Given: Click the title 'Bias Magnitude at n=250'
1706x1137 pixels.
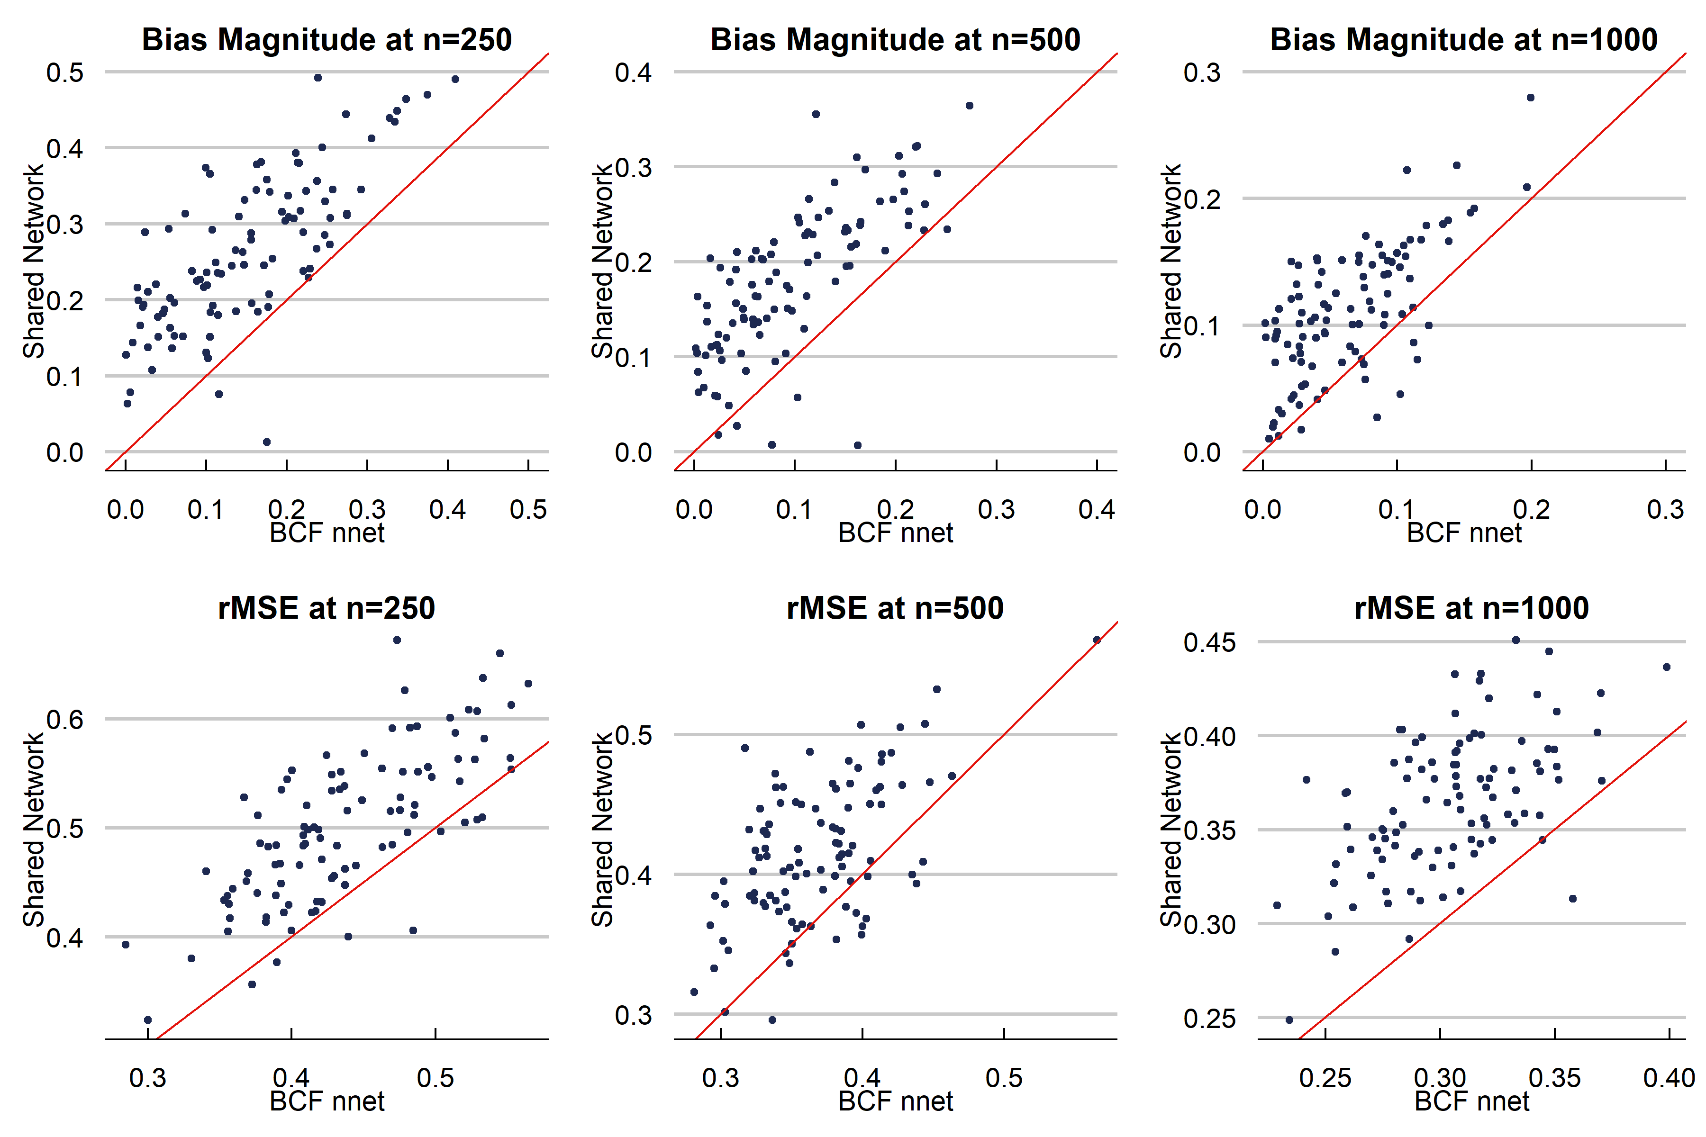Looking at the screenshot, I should pyautogui.click(x=327, y=39).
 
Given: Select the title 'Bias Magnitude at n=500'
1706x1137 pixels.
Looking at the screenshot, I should pyautogui.click(x=895, y=39).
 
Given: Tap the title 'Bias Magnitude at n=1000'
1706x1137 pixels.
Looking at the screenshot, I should pyautogui.click(x=1464, y=39).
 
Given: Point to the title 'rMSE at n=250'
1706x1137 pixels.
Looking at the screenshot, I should pyautogui.click(x=327, y=608).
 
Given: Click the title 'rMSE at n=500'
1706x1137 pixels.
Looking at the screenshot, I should pyautogui.click(x=895, y=608).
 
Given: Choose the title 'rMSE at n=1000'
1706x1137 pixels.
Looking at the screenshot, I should pyautogui.click(x=1472, y=608).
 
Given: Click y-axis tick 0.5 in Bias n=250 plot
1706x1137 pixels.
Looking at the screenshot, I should pyautogui.click(x=65, y=72).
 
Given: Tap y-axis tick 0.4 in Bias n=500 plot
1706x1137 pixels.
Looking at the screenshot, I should pyautogui.click(x=633, y=72).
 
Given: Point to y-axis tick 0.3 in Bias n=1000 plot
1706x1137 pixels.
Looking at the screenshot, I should pyautogui.click(x=1202, y=72).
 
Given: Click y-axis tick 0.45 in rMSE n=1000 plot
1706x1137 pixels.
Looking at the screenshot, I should pyautogui.click(x=1209, y=642).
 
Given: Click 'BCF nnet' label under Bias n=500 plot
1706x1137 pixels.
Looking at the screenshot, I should pyautogui.click(x=895, y=533).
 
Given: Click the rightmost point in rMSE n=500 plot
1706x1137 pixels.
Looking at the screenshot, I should pyautogui.click(x=1097, y=641).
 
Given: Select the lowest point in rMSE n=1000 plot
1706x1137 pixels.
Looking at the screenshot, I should pyautogui.click(x=1289, y=1020).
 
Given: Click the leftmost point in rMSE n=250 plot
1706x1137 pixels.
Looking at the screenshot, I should pyautogui.click(x=126, y=944).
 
